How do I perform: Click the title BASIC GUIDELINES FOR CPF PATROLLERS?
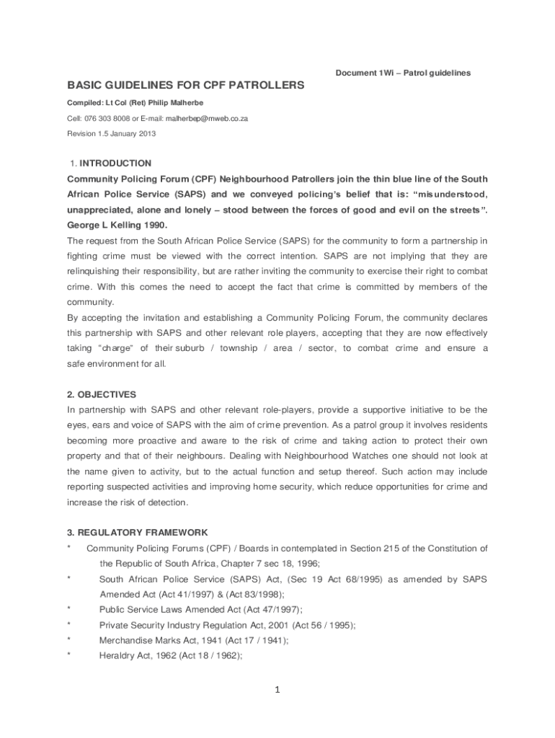(186, 86)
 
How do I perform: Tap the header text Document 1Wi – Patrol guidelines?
(403, 73)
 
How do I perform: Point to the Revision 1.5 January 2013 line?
(111, 134)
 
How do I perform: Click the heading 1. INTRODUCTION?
(111, 164)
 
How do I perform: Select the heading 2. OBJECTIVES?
(101, 394)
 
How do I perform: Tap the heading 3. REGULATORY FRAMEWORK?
(138, 533)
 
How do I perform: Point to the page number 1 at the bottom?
(277, 690)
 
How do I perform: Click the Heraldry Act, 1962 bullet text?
(170, 656)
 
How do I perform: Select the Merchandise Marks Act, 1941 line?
(194, 640)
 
